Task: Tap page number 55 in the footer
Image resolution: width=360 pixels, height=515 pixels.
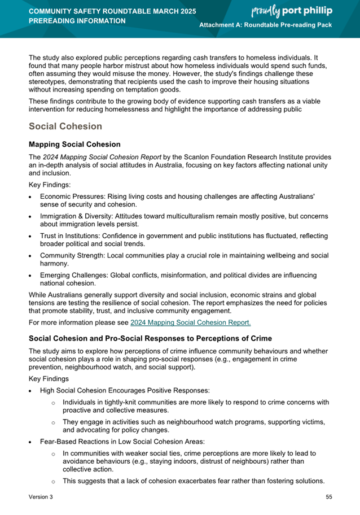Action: (329, 497)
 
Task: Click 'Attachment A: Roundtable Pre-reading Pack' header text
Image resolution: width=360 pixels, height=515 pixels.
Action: (266, 26)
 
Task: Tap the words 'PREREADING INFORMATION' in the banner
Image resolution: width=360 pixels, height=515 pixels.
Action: (77, 21)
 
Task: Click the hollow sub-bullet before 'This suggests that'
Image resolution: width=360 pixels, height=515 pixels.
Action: (52, 481)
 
